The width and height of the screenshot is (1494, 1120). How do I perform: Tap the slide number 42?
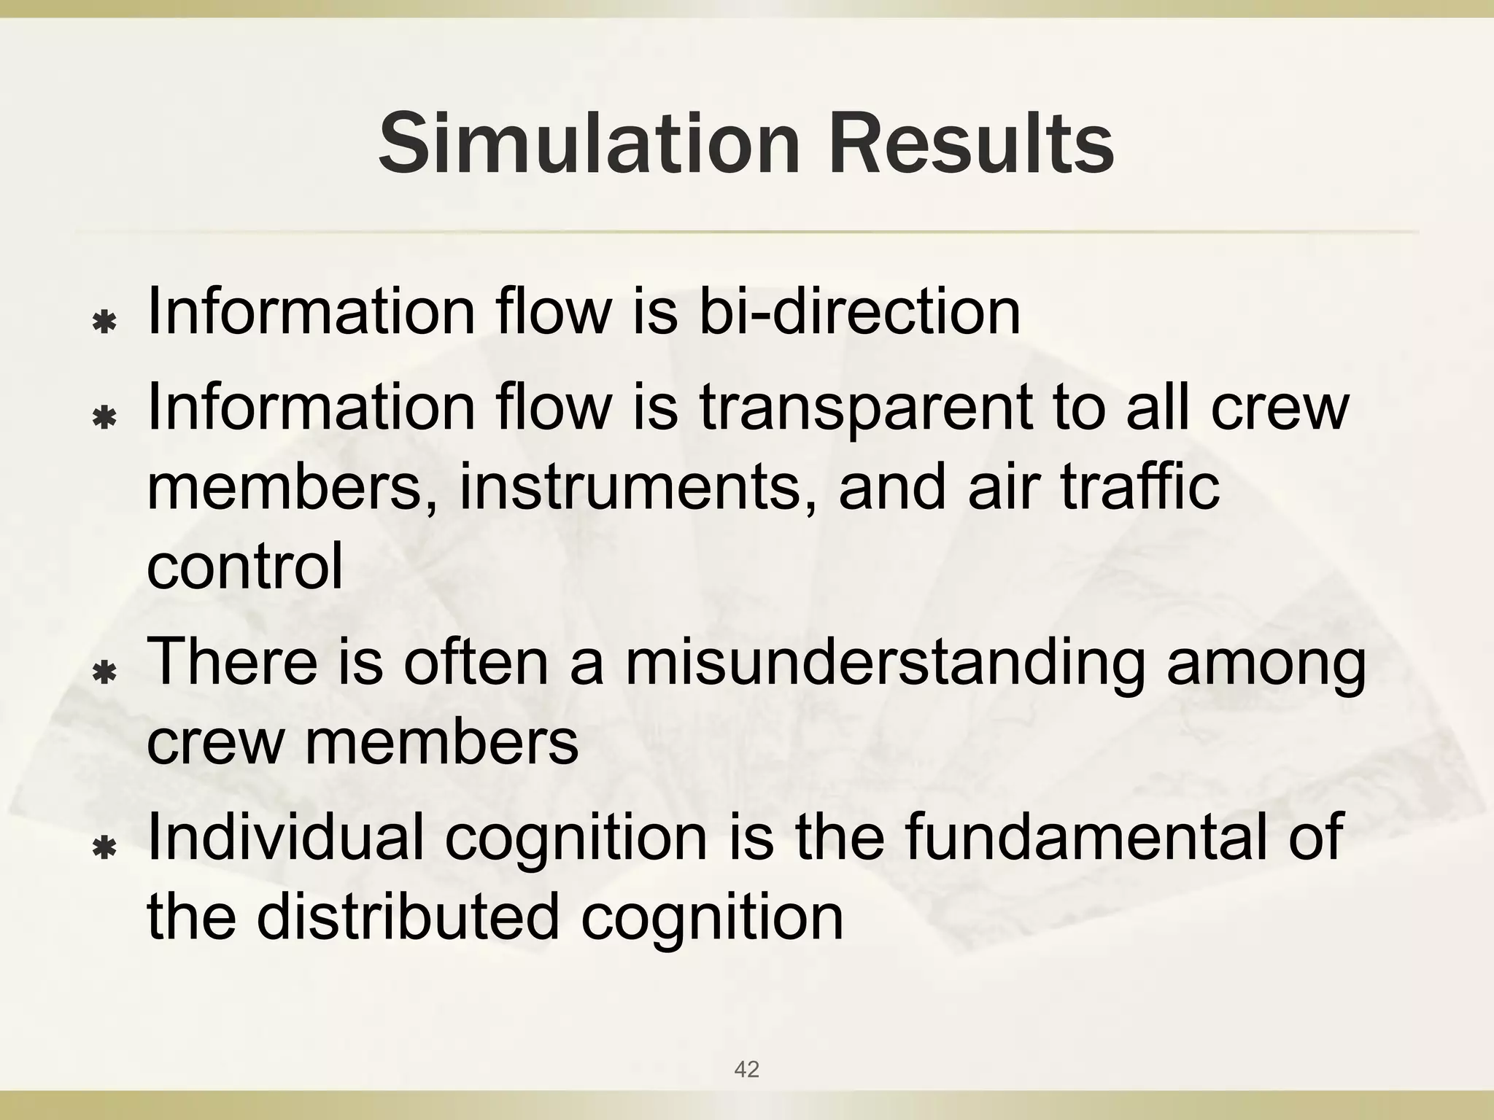point(746,1069)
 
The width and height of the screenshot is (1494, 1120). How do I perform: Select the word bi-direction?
point(859,311)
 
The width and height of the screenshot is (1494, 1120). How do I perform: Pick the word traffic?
point(1139,486)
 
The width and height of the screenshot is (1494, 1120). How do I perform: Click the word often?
point(475,661)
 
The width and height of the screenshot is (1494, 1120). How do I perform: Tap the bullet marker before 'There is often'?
point(106,672)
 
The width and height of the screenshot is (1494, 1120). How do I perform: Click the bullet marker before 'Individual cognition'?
point(106,847)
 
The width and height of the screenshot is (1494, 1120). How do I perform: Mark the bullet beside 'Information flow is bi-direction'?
point(106,322)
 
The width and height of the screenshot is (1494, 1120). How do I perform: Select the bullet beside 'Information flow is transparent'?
point(106,418)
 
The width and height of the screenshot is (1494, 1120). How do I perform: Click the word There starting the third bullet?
point(233,661)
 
